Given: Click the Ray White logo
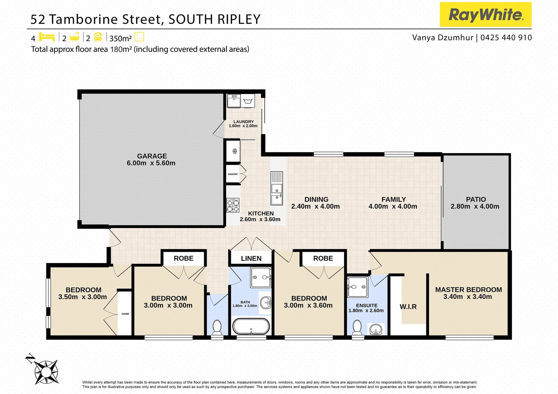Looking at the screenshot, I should click(485, 15).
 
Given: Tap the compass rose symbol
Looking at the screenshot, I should click(46, 372).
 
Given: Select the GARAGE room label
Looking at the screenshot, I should click(152, 156).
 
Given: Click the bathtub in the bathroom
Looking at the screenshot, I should click(251, 326).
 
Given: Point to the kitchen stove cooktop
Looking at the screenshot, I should click(233, 205).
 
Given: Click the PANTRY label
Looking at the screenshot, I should click(233, 174).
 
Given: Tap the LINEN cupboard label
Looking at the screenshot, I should click(251, 258).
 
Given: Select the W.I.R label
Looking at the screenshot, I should click(408, 307).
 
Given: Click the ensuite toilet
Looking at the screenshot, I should click(357, 327).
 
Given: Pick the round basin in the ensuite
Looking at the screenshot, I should click(376, 330).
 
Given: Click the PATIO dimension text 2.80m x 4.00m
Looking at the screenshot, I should click(475, 206).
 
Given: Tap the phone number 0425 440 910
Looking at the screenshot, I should click(506, 38).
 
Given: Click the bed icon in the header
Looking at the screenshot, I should click(47, 37).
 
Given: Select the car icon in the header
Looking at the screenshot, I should click(98, 37).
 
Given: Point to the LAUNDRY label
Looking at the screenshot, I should click(244, 122).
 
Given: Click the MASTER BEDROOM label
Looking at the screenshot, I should click(469, 290).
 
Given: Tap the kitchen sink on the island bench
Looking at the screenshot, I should click(276, 193).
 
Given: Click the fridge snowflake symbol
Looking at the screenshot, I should click(234, 151).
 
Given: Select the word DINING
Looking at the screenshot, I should click(316, 200).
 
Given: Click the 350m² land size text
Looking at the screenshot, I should click(121, 38).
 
